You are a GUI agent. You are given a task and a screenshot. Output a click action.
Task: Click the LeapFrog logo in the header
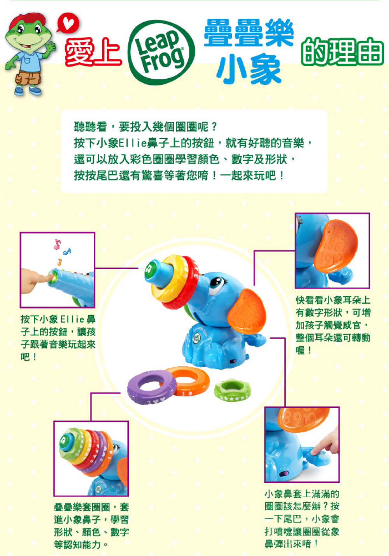pyautogui.click(x=161, y=53)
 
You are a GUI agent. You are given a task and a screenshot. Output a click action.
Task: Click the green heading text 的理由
pyautogui.click(x=342, y=51)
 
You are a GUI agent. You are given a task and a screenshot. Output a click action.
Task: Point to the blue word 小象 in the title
pyautogui.click(x=249, y=69)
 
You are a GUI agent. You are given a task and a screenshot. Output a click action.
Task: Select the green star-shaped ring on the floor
pyautogui.click(x=233, y=390)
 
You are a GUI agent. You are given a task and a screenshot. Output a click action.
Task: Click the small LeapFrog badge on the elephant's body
pyautogui.click(x=196, y=339)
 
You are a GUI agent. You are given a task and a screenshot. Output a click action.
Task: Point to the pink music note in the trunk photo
pyautogui.click(x=57, y=244)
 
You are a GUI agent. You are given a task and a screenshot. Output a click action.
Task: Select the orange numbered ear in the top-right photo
pyautogui.click(x=335, y=246)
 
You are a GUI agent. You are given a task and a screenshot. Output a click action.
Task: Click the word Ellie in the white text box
pyautogui.click(x=133, y=143)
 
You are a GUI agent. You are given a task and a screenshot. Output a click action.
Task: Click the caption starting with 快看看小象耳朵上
pyautogui.click(x=333, y=325)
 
